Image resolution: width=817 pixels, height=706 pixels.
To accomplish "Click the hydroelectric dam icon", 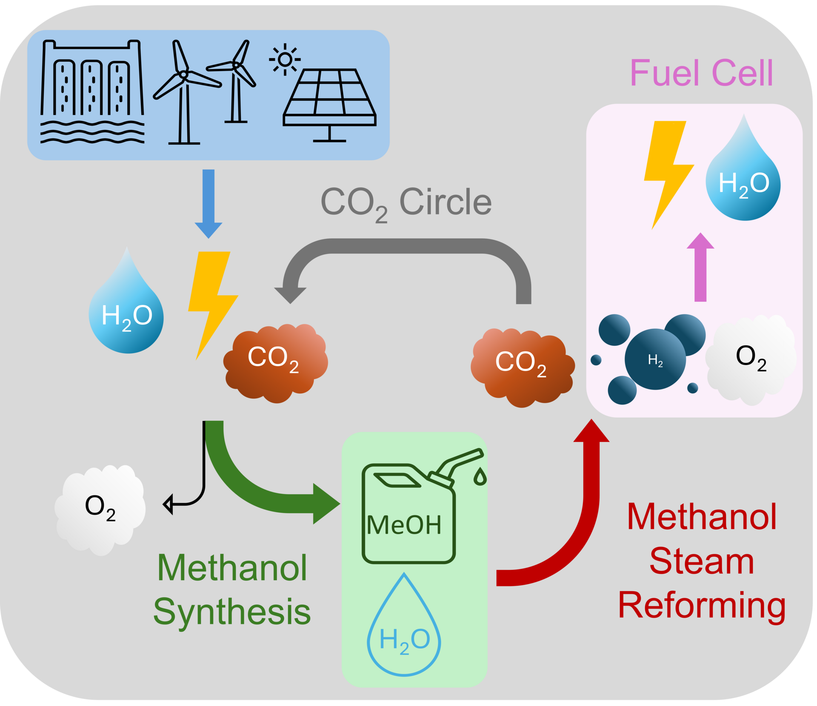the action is tap(92, 91).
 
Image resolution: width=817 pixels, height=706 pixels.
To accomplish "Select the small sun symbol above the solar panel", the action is tap(285, 60).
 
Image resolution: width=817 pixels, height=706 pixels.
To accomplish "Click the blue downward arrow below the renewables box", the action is tap(209, 204).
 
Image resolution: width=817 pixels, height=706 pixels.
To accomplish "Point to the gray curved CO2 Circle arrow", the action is tap(406, 246).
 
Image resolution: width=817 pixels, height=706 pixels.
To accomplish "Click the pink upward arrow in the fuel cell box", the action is tap(700, 267).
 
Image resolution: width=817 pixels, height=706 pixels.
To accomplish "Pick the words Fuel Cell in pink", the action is tap(701, 73).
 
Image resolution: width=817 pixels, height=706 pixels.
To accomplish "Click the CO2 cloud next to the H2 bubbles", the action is tap(523, 368).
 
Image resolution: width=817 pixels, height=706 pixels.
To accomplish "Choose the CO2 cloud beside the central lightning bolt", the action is tap(276, 364).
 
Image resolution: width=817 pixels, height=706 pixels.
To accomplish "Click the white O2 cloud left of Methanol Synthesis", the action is tap(100, 510).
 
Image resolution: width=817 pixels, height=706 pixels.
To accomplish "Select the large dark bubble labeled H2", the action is tap(655, 359).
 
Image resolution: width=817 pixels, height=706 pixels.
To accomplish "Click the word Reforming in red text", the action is tap(702, 606).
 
